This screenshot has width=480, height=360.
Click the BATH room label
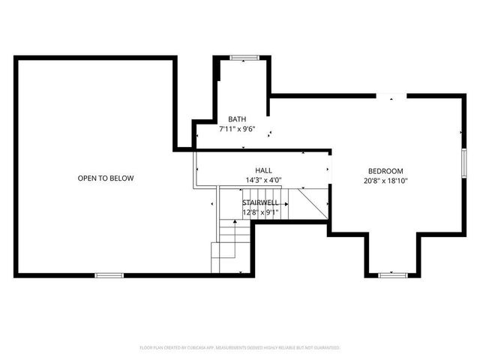click(237, 119)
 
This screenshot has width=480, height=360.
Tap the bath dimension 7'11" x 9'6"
click(237, 129)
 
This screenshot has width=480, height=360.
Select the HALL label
click(263, 170)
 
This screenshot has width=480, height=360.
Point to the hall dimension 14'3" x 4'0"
click(263, 180)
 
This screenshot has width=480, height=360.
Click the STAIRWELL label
click(260, 202)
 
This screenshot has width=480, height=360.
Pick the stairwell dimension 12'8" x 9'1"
click(260, 212)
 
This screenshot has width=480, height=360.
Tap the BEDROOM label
click(386, 170)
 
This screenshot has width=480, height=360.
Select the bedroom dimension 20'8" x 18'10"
click(386, 180)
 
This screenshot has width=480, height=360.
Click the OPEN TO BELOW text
click(106, 178)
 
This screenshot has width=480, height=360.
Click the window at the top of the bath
click(244, 57)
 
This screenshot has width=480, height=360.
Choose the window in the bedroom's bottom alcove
click(391, 275)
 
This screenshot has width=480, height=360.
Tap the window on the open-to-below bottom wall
click(109, 275)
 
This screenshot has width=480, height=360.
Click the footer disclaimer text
click(240, 348)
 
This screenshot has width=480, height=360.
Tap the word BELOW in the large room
click(121, 178)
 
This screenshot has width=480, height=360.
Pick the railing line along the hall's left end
click(196, 169)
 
